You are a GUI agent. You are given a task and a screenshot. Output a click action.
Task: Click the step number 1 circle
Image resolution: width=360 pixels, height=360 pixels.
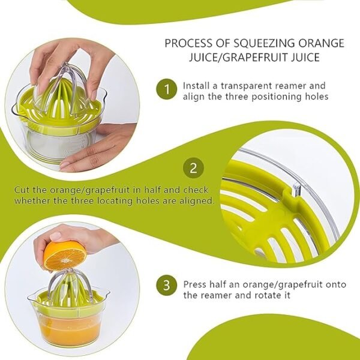pos(166,91)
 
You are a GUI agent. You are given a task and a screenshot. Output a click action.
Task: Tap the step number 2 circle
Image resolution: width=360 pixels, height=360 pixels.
pos(193,169)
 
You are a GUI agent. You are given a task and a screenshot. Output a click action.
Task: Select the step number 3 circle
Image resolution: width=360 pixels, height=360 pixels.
pos(166,284)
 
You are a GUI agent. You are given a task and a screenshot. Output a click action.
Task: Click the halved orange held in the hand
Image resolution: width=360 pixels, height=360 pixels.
pos(64,255)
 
